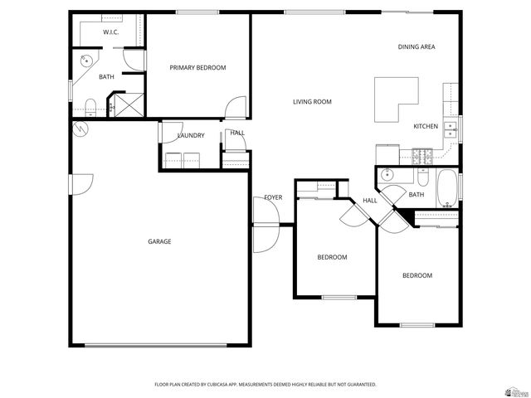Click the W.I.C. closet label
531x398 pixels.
[110, 32]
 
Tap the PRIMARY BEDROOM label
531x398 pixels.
[197, 67]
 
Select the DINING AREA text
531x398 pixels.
[416, 47]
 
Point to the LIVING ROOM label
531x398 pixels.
[312, 102]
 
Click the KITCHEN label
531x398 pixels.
[426, 126]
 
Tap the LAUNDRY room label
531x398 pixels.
[190, 135]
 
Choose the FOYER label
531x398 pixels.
[273, 197]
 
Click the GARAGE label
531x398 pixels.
[159, 241]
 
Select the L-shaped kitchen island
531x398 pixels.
[395, 99]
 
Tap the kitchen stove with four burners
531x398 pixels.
[421, 154]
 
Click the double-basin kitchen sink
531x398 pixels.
[449, 129]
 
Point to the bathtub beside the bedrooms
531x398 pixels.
[446, 188]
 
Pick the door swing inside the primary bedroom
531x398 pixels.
[236, 107]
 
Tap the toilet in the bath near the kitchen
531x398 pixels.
[422, 178]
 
